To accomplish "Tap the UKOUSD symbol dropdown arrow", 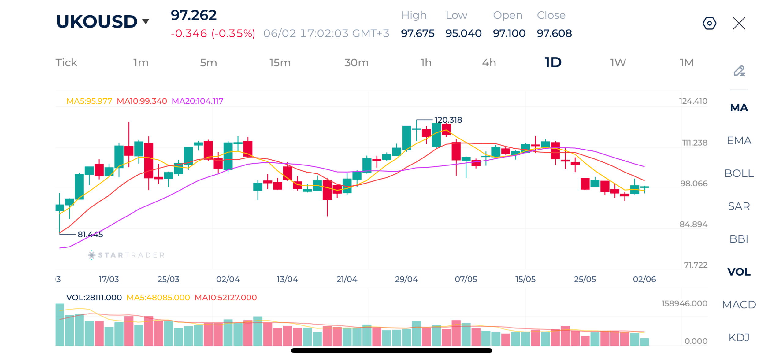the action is pyautogui.click(x=145, y=21).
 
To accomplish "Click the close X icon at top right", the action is pyautogui.click(x=739, y=23).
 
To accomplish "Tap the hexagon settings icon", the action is pyautogui.click(x=709, y=23).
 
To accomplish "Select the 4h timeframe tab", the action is pyautogui.click(x=489, y=62).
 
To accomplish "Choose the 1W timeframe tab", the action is pyautogui.click(x=618, y=62).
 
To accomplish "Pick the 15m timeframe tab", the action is pyautogui.click(x=280, y=62).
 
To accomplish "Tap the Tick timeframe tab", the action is pyautogui.click(x=66, y=62).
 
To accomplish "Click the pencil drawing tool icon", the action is pyautogui.click(x=739, y=71).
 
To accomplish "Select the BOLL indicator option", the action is pyautogui.click(x=739, y=173).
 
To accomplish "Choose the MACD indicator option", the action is pyautogui.click(x=739, y=304).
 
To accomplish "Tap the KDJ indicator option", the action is pyautogui.click(x=739, y=337).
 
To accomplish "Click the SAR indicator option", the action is pyautogui.click(x=739, y=206).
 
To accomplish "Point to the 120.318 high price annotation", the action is pyautogui.click(x=448, y=120).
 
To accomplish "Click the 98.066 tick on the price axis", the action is pyautogui.click(x=693, y=183).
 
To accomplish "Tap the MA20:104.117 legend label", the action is pyautogui.click(x=197, y=101).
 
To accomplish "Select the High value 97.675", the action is pyautogui.click(x=417, y=33).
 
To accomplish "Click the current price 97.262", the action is pyautogui.click(x=193, y=15).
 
